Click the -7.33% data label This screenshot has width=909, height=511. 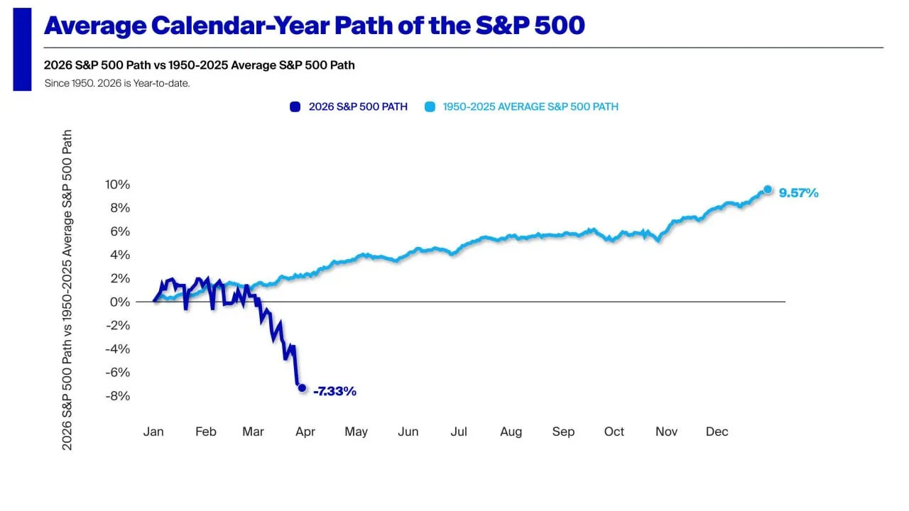(x=334, y=391)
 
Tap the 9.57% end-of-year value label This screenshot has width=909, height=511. (x=798, y=192)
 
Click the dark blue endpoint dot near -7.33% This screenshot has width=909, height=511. (x=302, y=388)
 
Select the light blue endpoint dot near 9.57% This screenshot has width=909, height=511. (x=768, y=189)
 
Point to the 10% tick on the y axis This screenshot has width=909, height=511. (x=117, y=185)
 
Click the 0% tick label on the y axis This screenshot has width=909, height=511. (x=120, y=302)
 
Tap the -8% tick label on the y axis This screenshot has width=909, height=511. (x=117, y=395)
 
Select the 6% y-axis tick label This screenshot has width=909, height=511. (x=120, y=231)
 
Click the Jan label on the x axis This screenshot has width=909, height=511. (x=153, y=432)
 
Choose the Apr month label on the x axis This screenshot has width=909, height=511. (x=305, y=432)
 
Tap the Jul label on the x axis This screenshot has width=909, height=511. (x=459, y=432)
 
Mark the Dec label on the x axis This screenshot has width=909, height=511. (x=717, y=432)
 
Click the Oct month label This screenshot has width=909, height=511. (x=614, y=432)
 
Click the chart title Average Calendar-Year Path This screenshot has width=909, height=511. (x=314, y=26)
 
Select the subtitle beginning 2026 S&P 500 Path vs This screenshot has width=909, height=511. (x=199, y=65)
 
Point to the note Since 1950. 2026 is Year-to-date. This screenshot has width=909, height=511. (x=116, y=83)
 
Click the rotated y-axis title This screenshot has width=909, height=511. (x=67, y=289)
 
